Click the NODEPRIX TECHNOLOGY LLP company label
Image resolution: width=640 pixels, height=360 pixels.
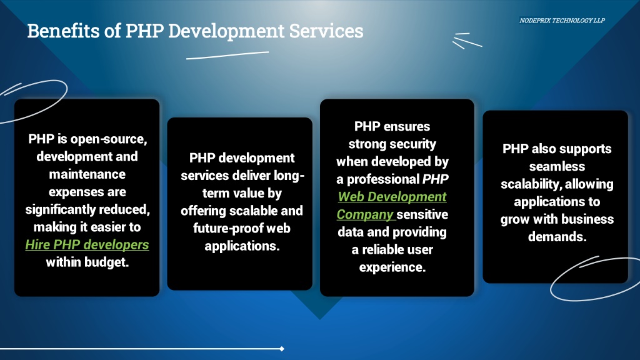[562, 21]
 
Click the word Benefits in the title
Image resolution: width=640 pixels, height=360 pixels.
[63, 31]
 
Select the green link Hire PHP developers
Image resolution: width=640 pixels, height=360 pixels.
[87, 244]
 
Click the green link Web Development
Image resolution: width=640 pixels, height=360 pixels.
[392, 197]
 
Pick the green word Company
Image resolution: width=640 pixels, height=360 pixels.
[365, 214]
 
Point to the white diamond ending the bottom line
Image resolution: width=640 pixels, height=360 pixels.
[282, 349]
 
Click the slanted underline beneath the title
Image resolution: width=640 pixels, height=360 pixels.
[227, 56]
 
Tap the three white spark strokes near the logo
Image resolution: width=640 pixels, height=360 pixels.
[467, 41]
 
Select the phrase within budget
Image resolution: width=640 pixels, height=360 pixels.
[87, 262]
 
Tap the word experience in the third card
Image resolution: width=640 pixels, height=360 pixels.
[392, 267]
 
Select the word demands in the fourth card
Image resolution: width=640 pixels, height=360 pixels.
[557, 237]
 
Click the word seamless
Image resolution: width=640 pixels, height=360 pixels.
[557, 166]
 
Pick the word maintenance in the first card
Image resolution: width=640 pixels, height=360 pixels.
[87, 174]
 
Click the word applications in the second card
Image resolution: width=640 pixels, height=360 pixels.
[242, 246]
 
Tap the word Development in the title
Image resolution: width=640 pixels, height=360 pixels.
[226, 31]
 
